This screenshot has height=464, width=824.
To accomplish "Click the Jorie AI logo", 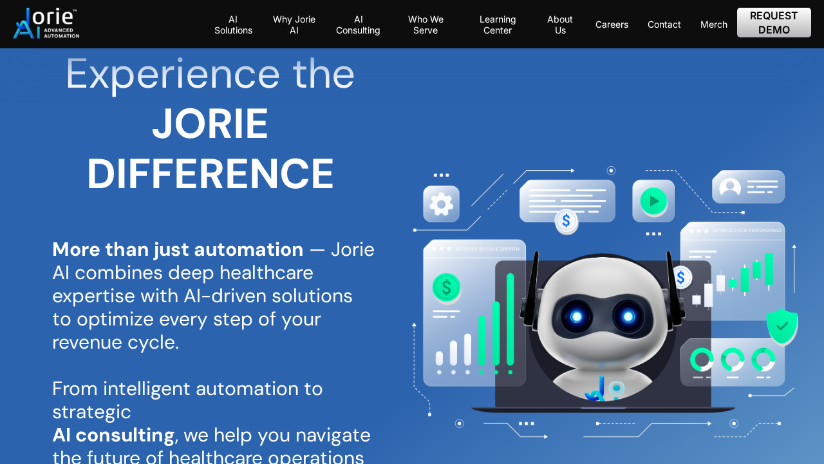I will point(46,24).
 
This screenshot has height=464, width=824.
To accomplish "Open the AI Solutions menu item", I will point(233,24).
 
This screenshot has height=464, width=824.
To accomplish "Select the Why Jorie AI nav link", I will point(294,24).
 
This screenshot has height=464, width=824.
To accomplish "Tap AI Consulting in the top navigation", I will point(358,24).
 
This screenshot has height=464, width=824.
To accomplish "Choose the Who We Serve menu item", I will point(426,24).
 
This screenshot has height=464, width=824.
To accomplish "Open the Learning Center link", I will point(498,24).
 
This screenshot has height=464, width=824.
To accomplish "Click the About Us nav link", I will point(560,24).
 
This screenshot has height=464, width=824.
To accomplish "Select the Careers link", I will point(612,24).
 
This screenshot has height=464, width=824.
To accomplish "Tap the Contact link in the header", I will point(664,24).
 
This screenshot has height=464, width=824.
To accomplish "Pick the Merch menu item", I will point(714,24).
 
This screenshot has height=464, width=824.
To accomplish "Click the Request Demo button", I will point(774,23).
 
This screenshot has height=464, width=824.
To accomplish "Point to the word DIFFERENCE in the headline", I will point(211,174).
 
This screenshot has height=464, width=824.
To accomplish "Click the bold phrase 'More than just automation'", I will point(178,249).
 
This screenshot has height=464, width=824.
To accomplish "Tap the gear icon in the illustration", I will point(441,204).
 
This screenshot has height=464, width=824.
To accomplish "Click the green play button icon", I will point(653,201).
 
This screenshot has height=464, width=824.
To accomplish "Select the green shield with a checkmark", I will point(782,326).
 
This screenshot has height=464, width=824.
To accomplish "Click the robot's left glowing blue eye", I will point(577,316).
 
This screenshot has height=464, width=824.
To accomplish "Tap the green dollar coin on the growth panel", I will point(446,287).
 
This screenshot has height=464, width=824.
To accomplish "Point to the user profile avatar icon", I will point(730,187).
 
